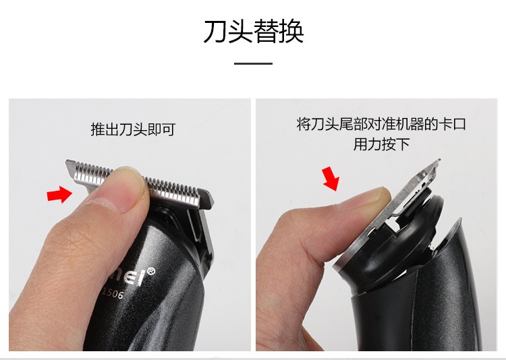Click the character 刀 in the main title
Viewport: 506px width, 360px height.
215,32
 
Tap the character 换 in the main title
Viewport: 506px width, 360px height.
291,32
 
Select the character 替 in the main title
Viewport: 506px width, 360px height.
266,32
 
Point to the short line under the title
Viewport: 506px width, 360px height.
253,64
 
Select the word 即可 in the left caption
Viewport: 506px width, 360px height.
162,129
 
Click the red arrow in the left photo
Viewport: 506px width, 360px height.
58,195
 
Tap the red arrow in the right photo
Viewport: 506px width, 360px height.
331,179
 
